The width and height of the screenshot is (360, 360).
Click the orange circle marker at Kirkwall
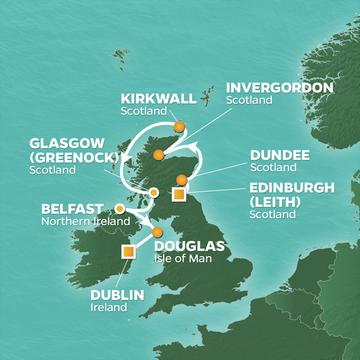click(179, 127)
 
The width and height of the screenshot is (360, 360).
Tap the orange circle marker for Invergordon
click(158, 155)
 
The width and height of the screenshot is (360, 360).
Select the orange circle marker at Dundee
click(182, 179)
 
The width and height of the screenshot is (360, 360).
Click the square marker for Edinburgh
click(178, 194)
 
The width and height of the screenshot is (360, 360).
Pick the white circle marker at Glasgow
click(154, 193)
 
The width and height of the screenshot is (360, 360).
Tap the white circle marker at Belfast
click(120, 209)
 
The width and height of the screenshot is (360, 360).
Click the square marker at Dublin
click(128, 251)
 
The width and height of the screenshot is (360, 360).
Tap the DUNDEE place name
click(280, 155)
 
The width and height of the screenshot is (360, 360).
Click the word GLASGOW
click(66, 144)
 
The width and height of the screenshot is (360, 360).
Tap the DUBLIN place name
click(118, 295)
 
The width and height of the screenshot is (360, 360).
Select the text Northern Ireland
click(86, 221)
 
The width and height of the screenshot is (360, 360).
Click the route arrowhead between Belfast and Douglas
click(146, 223)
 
